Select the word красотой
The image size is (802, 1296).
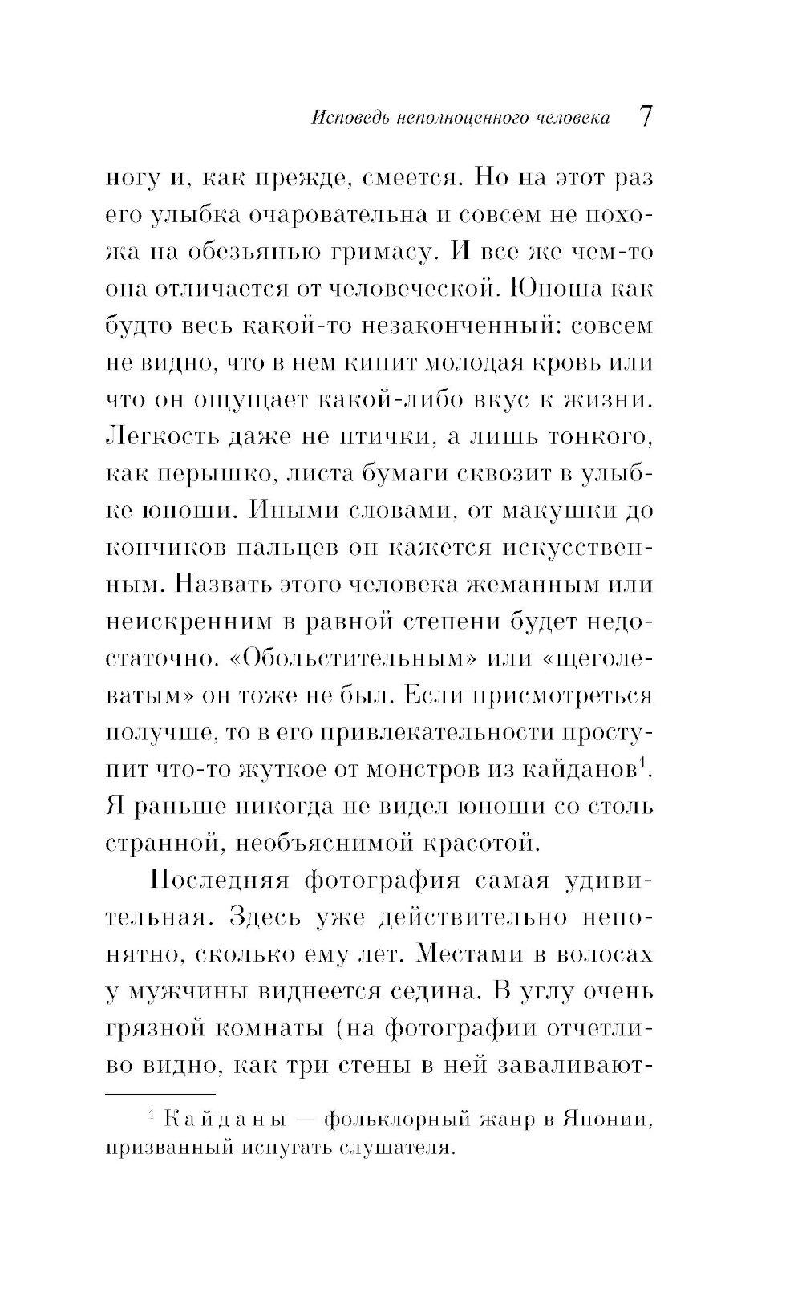474,843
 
